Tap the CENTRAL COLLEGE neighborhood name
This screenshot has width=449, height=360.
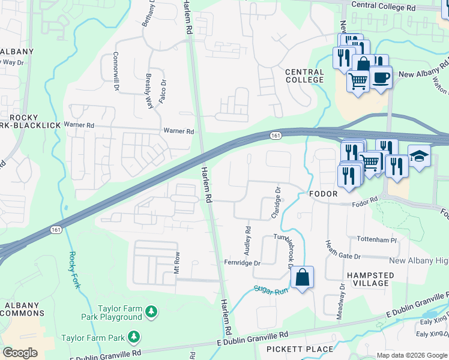coord(304,76)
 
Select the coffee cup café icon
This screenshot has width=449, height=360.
coord(381,77)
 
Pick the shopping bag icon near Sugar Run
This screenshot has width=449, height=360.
coord(303,278)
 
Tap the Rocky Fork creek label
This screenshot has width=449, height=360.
coord(73,269)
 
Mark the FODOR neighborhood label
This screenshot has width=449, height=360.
coord(325,194)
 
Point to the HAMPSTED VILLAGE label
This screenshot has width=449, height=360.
coord(362,280)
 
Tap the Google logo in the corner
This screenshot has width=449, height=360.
coord(20,353)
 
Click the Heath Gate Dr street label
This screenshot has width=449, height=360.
coord(343,249)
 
